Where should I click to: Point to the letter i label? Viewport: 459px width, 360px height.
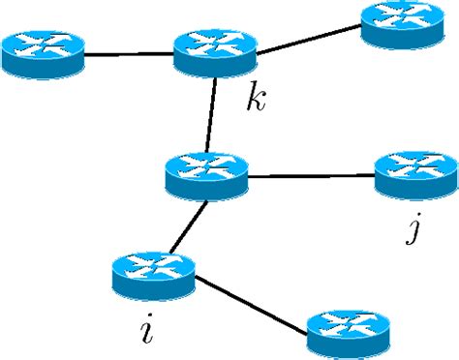coord(146,330)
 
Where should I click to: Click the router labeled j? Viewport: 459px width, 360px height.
coord(415,174)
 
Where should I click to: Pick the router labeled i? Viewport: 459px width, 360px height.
coord(153,275)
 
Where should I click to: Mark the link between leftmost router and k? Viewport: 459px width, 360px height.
coord(128,54)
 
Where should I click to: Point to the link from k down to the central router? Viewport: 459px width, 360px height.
coord(210,113)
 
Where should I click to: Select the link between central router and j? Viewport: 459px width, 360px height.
coord(311,175)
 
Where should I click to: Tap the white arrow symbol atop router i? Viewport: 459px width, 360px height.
coord(153,265)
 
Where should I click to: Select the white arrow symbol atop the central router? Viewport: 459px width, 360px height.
coord(207,165)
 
